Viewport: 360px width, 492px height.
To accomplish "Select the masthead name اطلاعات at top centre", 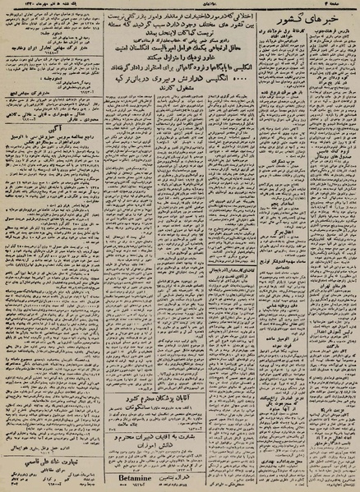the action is [180, 5].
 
